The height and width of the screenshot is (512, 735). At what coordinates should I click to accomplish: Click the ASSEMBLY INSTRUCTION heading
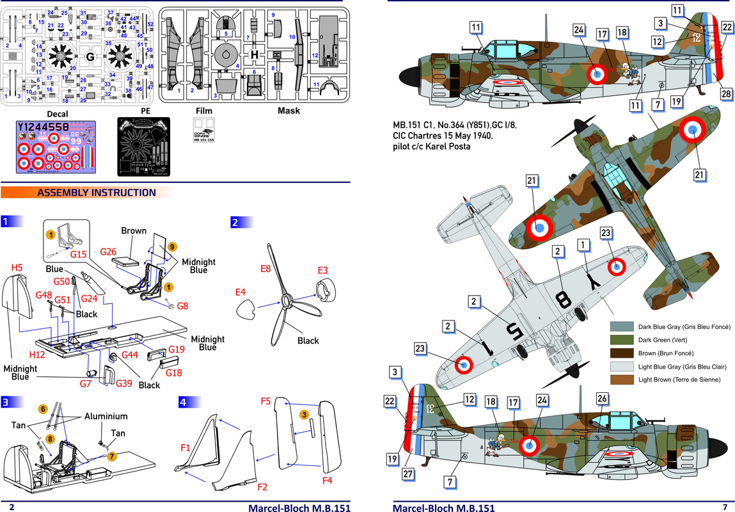point(97,193)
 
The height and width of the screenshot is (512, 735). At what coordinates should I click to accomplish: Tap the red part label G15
point(79,255)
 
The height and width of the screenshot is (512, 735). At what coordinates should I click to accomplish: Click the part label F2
point(262,487)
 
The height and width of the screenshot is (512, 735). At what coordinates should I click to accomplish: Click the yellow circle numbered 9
point(172,246)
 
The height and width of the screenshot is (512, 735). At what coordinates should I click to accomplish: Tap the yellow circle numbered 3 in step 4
point(305,415)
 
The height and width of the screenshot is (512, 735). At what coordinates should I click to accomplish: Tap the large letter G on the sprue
point(90,56)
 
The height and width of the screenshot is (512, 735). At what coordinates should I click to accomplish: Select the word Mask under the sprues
point(288,111)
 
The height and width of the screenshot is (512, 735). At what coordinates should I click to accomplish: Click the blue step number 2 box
point(235,223)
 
